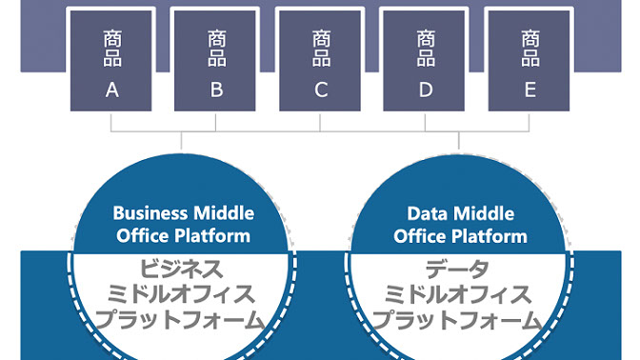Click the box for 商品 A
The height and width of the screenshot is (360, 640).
pos(111,60)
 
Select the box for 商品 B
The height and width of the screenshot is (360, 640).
pos(216,60)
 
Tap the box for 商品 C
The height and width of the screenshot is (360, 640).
pos(321,60)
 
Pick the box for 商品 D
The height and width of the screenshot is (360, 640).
pos(425,60)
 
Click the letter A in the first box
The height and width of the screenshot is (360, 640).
pos(111,90)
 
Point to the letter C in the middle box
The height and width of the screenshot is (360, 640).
pos(321,90)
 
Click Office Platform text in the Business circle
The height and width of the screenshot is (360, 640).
pos(181,235)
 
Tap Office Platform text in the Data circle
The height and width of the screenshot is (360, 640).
pos(461,235)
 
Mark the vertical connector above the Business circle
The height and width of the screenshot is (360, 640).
pos(181,141)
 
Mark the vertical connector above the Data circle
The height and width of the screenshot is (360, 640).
pos(460,141)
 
